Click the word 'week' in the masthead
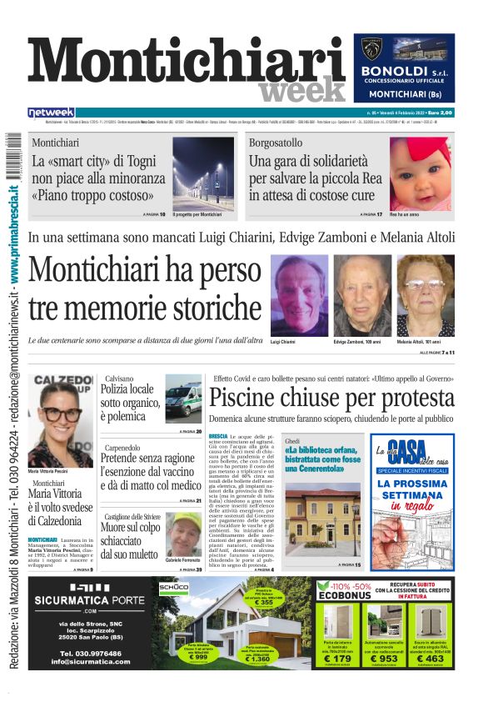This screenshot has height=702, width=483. (x=302, y=90)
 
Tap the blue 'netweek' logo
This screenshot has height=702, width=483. (x=51, y=112)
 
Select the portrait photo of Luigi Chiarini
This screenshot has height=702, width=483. (x=299, y=295)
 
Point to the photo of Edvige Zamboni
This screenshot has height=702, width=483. (x=362, y=295)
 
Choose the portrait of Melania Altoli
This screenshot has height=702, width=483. (x=426, y=295)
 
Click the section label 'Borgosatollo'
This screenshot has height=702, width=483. (x=276, y=143)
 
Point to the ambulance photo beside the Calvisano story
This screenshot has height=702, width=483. (x=182, y=399)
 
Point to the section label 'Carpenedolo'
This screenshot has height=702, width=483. (x=123, y=447)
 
